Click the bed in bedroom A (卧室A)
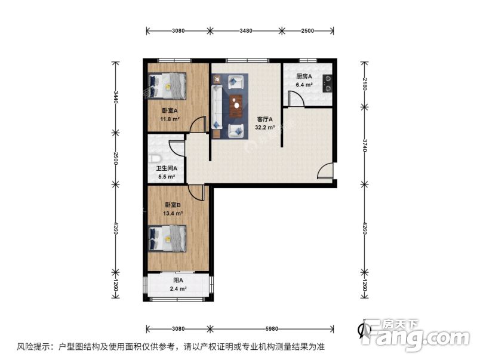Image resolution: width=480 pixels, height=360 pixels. click(x=169, y=86)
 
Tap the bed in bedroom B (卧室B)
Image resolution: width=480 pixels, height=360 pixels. click(x=169, y=238)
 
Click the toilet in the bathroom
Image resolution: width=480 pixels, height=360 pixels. click(x=154, y=158)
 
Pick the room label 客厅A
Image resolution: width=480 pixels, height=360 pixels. click(x=264, y=119)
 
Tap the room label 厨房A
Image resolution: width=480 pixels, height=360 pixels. click(x=304, y=76)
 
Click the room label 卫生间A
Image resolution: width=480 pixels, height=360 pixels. click(x=166, y=168)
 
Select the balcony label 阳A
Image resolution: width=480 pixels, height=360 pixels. click(x=178, y=281)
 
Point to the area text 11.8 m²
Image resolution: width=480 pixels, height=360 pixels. click(x=170, y=118)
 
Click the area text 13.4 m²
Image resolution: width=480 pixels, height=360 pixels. click(x=172, y=212)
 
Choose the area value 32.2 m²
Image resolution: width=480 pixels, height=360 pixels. click(x=264, y=127)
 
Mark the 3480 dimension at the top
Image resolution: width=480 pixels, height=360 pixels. click(x=245, y=29)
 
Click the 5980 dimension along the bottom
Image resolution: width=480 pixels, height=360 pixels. click(x=271, y=328)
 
